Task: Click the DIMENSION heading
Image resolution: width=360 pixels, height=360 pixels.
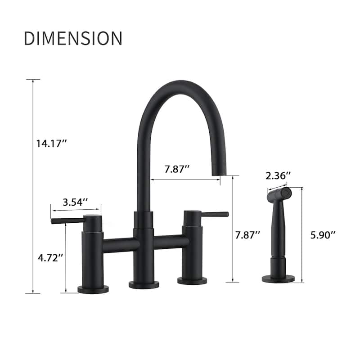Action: [73, 39]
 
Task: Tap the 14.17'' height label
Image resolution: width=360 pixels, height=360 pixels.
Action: [52, 144]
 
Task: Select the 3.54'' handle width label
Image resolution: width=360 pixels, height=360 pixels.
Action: [75, 202]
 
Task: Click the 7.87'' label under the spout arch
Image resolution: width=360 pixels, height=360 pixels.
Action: [177, 169]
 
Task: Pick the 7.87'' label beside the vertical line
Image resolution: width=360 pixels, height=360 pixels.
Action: [248, 234]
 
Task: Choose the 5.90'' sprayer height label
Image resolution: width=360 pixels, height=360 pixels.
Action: [323, 234]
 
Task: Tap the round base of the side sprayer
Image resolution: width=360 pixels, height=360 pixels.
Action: [278, 279]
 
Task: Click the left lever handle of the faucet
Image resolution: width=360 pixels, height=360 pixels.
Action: [67, 220]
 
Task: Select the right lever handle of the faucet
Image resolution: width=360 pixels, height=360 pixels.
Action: [214, 214]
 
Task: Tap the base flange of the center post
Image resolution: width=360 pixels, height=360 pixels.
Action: [144, 284]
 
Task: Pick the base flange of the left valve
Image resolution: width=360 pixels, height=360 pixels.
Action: [93, 289]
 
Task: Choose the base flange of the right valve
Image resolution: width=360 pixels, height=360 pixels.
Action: [192, 281]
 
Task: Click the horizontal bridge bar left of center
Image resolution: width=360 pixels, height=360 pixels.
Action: [118, 244]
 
